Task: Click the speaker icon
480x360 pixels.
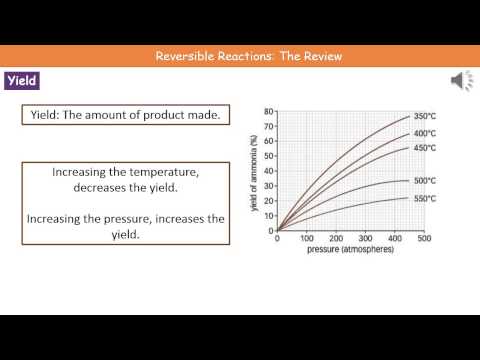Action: pyautogui.click(x=462, y=80)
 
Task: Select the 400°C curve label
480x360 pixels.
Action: pyautogui.click(x=426, y=133)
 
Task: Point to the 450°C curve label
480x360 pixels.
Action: pyautogui.click(x=426, y=149)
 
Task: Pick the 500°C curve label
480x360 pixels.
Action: pyautogui.click(x=426, y=181)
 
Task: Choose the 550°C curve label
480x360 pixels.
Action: pyautogui.click(x=426, y=197)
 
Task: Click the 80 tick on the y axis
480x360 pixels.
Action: pyautogui.click(x=268, y=111)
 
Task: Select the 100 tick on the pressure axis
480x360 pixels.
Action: pyautogui.click(x=307, y=239)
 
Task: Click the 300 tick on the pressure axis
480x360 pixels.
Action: pyautogui.click(x=365, y=239)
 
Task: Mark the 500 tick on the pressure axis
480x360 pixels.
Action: pyautogui.click(x=423, y=239)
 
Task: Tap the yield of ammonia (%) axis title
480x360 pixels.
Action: pyautogui.click(x=256, y=170)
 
